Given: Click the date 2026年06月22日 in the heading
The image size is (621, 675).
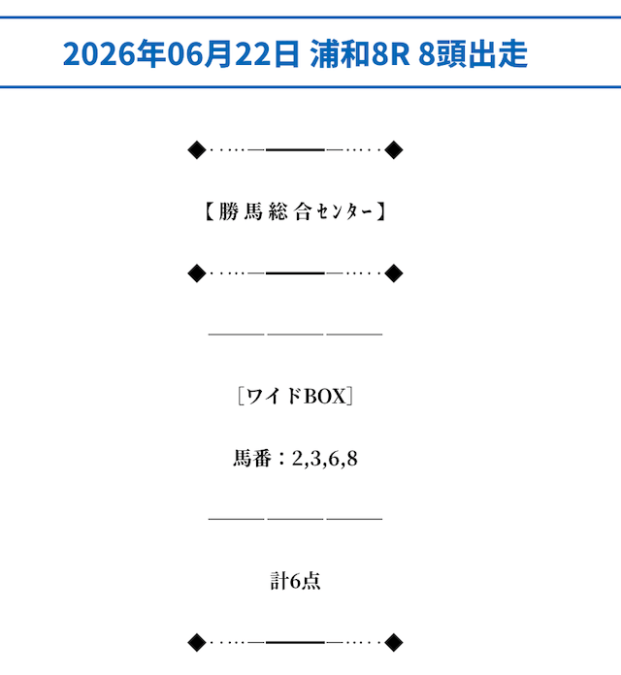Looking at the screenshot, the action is tap(180, 53).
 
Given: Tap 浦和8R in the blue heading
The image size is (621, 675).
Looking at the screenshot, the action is tap(360, 53).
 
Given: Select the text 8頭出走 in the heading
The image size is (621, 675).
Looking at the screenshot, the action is tap(473, 53).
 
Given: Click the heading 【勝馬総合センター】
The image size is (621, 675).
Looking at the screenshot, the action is tap(295, 211).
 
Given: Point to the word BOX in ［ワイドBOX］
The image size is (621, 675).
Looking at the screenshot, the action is tap(325, 396).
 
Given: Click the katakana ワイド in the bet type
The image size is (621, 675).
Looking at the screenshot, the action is tap(275, 396).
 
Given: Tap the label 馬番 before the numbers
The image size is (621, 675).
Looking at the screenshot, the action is tap(252, 458).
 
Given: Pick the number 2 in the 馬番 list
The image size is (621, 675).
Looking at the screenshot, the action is tap(297, 459).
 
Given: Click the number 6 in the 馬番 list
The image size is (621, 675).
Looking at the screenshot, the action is tap(334, 459).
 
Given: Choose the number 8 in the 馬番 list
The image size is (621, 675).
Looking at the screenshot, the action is tap(352, 459).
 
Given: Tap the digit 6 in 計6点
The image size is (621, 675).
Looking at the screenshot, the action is tap(295, 581).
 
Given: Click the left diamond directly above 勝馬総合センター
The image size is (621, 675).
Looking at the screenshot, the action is tap(197, 149).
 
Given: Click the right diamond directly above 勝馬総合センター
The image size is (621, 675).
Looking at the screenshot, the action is tap(394, 149).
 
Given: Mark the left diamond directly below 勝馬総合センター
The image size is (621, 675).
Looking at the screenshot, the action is tap(197, 273).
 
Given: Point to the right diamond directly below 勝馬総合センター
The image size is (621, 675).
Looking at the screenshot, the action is tap(394, 273).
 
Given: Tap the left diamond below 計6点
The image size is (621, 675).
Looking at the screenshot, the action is tap(197, 643).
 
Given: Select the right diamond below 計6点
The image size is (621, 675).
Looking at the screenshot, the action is tap(394, 643).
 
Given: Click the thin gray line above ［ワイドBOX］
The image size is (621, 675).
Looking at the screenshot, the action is tap(295, 334).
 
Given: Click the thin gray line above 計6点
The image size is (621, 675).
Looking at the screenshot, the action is tap(295, 519).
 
